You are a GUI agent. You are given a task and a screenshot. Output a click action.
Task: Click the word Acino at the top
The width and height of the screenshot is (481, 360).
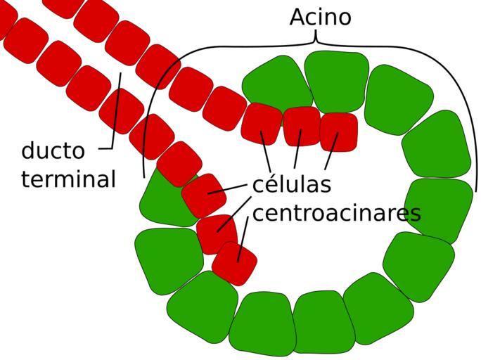click(320, 17)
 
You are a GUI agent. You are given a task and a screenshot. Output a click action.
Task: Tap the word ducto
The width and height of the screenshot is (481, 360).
click(53, 150)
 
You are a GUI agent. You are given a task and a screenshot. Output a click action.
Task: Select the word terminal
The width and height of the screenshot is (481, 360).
click(68, 179)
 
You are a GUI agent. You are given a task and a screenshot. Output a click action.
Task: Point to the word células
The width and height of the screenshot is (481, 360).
click(291, 185)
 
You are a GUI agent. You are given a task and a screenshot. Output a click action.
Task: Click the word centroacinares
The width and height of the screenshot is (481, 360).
click(336, 212)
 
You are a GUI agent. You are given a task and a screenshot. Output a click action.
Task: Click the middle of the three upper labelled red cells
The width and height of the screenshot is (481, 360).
click(302, 126)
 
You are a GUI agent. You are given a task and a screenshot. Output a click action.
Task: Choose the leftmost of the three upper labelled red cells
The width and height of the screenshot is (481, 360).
click(262, 122)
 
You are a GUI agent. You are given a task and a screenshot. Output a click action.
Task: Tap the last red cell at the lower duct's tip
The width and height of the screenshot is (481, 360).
click(235, 264)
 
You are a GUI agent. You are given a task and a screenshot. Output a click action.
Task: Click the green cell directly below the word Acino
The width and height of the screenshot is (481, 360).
click(336, 81)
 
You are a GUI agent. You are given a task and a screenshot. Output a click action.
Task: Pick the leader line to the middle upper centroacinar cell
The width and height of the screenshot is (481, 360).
click(297, 150)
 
